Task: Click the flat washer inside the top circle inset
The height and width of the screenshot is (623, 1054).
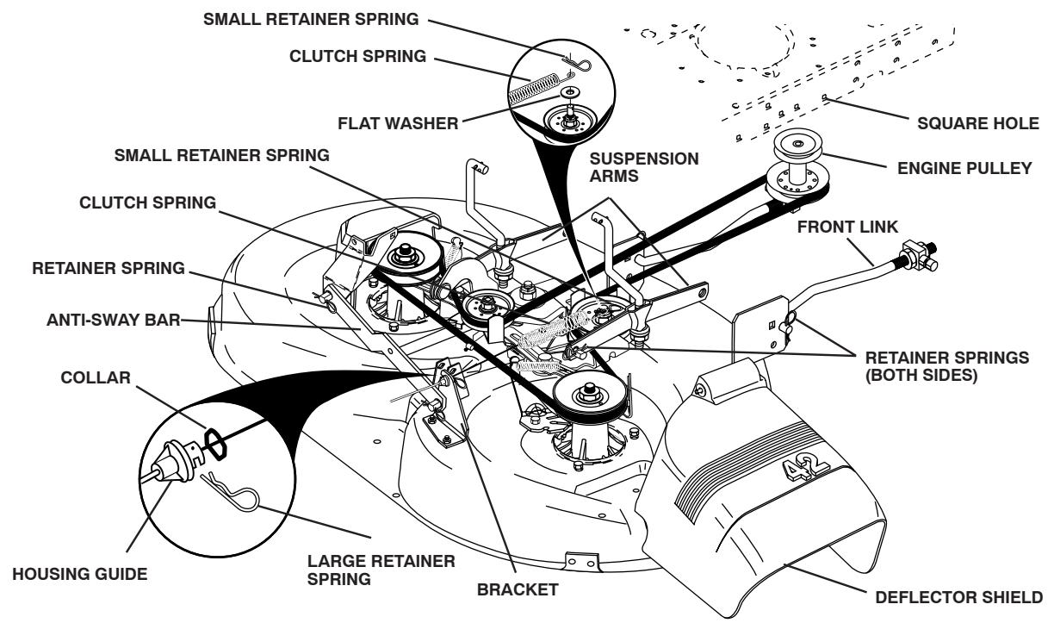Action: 567,91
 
